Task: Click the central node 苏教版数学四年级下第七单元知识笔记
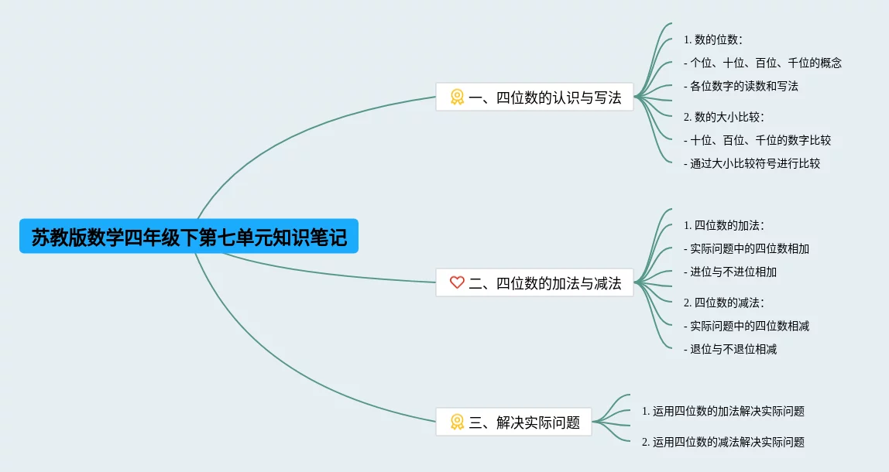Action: pos(189,237)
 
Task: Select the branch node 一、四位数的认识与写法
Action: pos(534,97)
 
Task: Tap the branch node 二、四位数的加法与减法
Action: pos(534,283)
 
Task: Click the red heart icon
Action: pos(457,282)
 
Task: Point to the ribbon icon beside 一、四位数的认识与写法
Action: pos(457,97)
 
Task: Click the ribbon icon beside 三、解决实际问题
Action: pos(457,422)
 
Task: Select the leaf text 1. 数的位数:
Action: pos(713,39)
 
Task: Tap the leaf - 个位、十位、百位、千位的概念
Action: pos(763,63)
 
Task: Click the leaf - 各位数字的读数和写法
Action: pos(741,86)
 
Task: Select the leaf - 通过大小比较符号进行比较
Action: pos(752,163)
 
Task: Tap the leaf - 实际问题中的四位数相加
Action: pos(747,248)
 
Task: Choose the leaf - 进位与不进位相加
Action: pos(730,272)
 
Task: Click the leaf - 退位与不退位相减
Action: pos(730,349)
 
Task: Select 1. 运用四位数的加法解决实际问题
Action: pos(723,411)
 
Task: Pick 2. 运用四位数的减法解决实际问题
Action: pos(723,442)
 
